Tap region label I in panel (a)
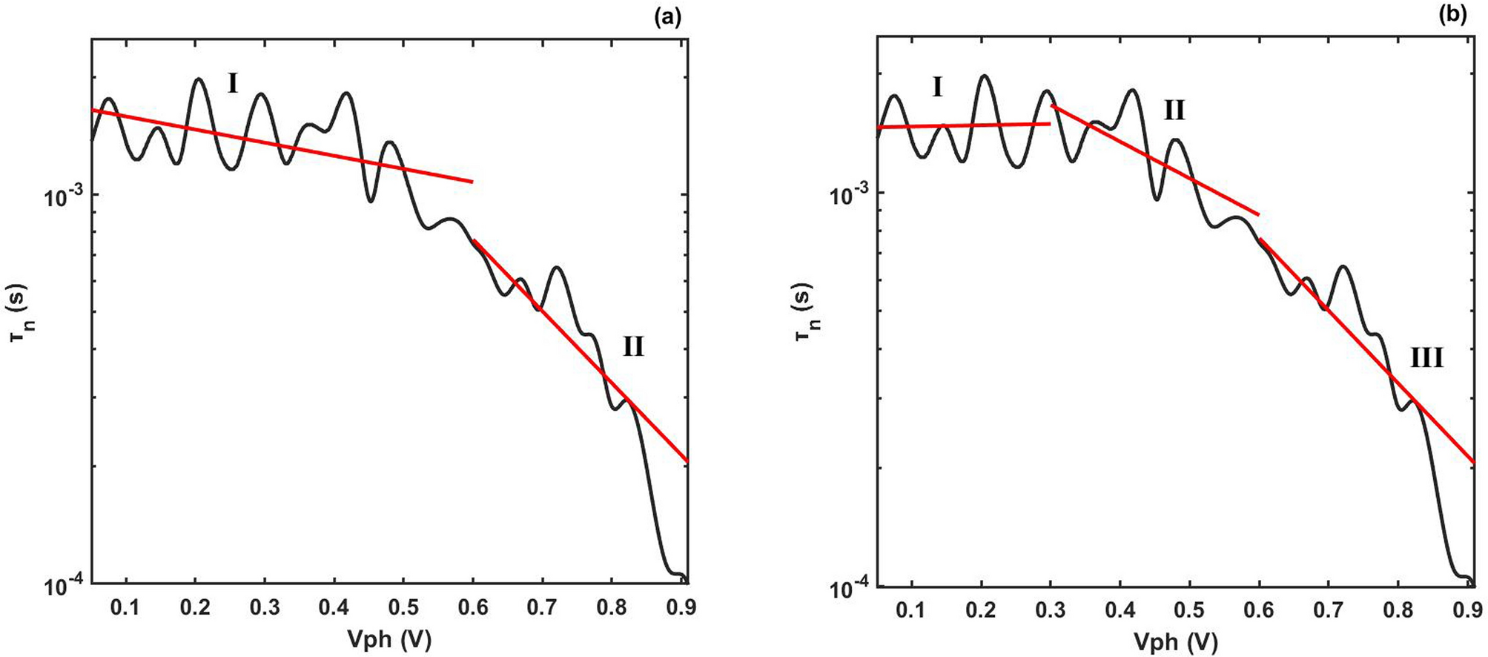232,85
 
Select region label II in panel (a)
632,346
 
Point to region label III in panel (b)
1426,359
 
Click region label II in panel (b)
1174,111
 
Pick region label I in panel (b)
937,88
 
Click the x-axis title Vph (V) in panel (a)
390,639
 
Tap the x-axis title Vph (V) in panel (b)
1176,640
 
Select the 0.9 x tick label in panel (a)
681,610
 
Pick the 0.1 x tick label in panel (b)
911,610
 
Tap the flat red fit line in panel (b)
964,126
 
